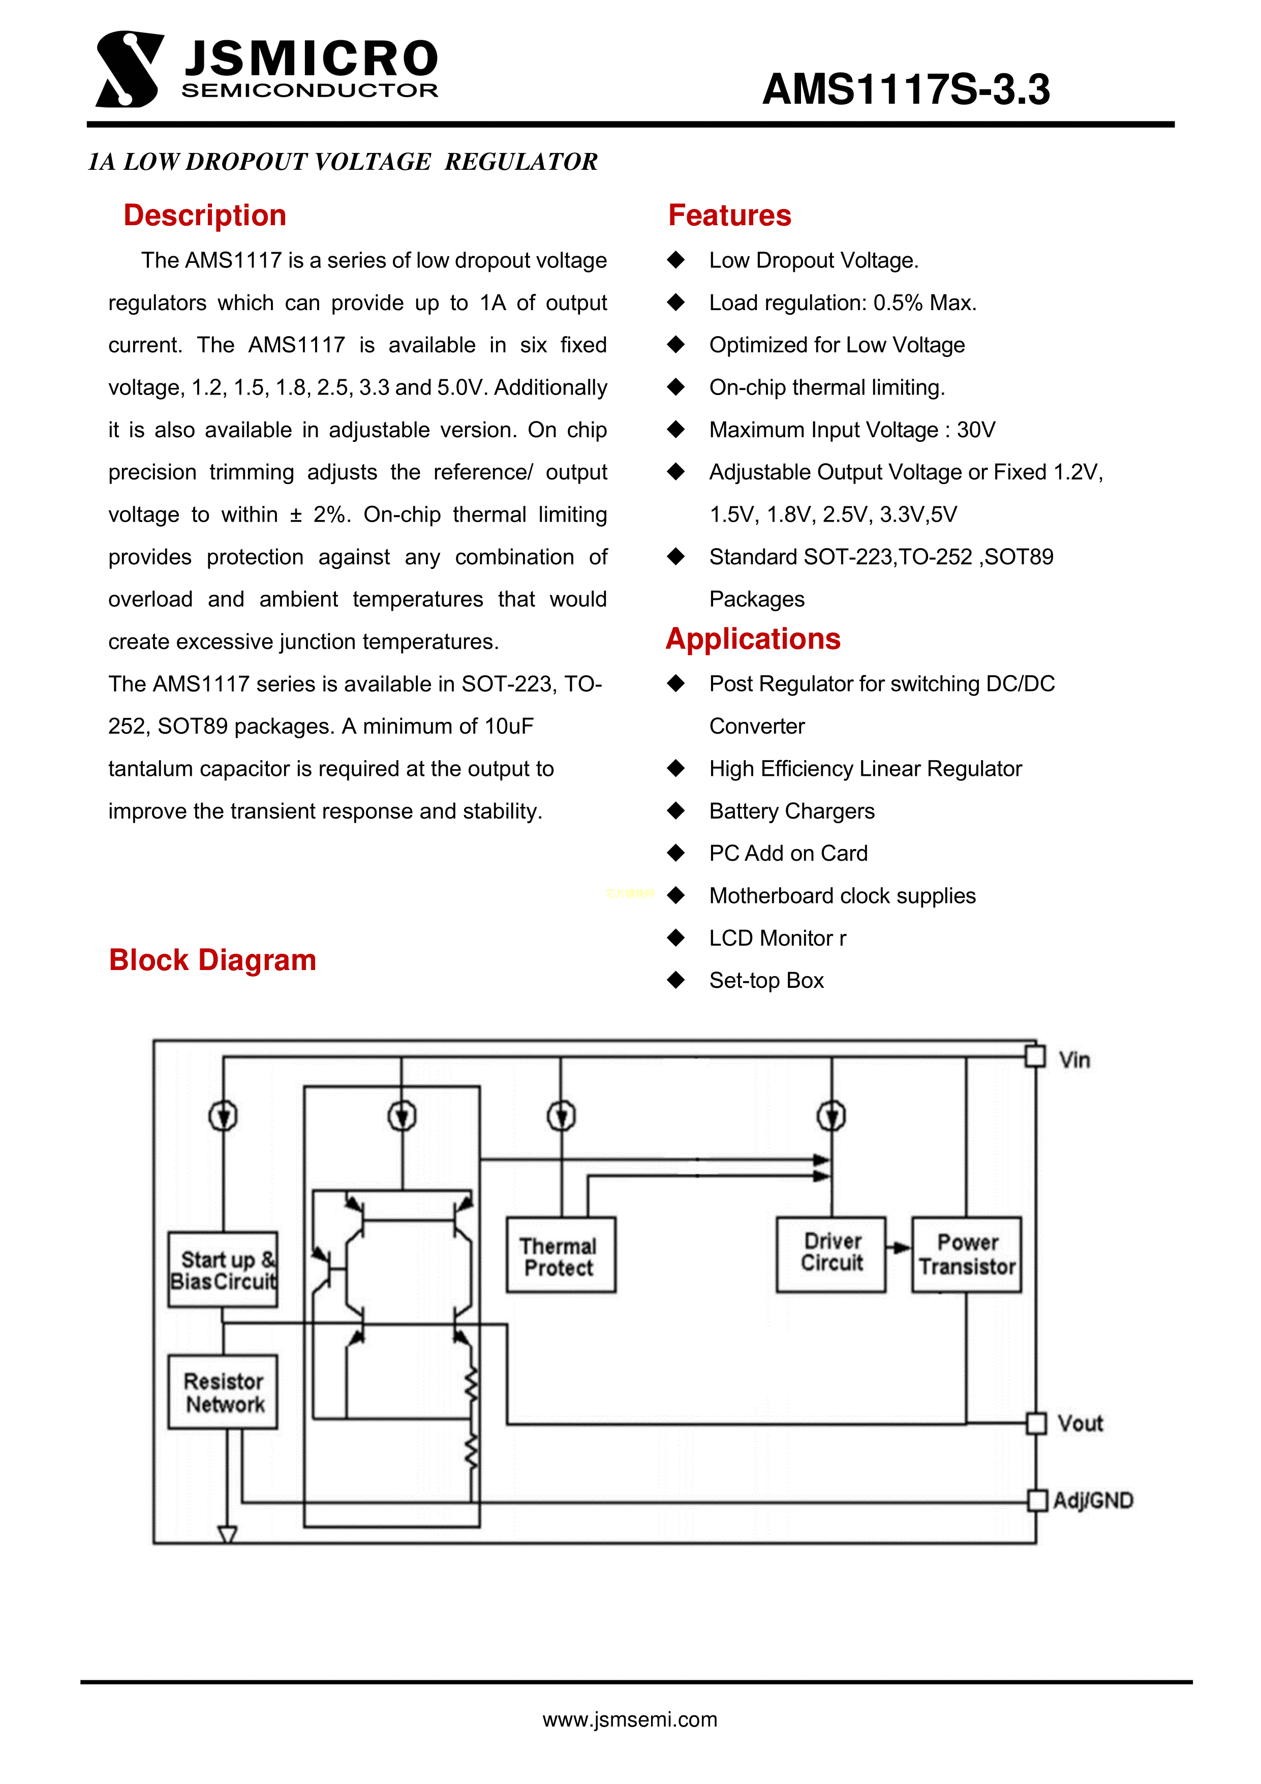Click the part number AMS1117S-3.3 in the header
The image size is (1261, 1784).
[905, 89]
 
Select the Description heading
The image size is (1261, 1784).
[204, 215]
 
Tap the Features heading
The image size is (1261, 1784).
[729, 215]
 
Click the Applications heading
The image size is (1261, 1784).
[753, 639]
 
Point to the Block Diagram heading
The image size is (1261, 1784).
[212, 959]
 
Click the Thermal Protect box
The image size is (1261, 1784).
[560, 1255]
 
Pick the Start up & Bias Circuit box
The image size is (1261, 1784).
[223, 1269]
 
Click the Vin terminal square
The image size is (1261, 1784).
[1034, 1057]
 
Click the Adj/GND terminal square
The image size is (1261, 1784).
[1036, 1500]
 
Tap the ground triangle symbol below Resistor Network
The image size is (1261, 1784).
[227, 1534]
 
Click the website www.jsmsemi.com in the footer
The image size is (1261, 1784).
[629, 1719]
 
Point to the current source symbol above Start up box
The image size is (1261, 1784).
[223, 1116]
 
